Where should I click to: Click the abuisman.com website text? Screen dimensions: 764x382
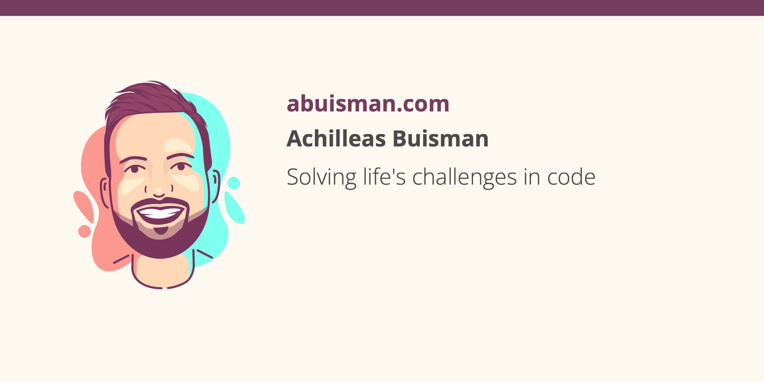(x=368, y=104)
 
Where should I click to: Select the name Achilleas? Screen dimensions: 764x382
(x=336, y=138)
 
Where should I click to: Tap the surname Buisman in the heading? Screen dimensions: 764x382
(x=441, y=138)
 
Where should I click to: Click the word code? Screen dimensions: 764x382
(x=571, y=177)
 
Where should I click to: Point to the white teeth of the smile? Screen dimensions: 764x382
(x=160, y=213)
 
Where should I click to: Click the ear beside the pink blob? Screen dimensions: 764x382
(x=105, y=193)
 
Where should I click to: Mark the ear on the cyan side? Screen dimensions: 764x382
(x=216, y=187)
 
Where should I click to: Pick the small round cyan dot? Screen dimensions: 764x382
(x=234, y=183)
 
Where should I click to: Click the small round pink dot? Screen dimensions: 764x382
(x=85, y=231)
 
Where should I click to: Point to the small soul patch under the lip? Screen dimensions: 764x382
(x=161, y=230)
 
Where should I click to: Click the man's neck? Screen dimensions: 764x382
(x=162, y=271)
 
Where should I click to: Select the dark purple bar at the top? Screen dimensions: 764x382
(x=382, y=8)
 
